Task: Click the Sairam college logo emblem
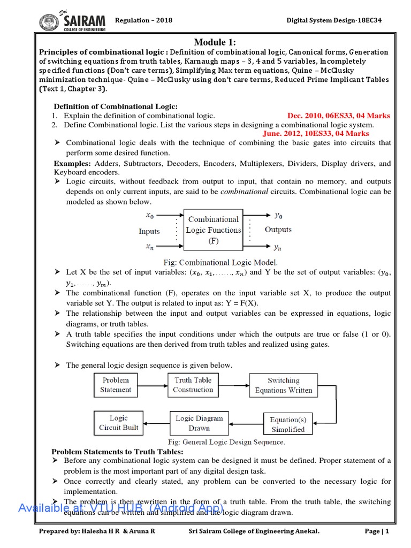(49, 21)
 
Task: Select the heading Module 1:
(215, 42)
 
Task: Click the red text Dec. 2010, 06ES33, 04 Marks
(339, 116)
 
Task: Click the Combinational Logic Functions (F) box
(213, 230)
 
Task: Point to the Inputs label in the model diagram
(149, 231)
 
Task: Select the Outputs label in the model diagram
(278, 230)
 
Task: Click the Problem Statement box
(115, 385)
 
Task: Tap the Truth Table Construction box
(193, 385)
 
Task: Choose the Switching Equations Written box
(283, 385)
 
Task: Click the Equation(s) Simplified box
(288, 424)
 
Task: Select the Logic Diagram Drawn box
(199, 423)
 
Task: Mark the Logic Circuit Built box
(118, 423)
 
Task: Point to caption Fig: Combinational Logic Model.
(220, 262)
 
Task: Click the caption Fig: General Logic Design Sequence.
(226, 442)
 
